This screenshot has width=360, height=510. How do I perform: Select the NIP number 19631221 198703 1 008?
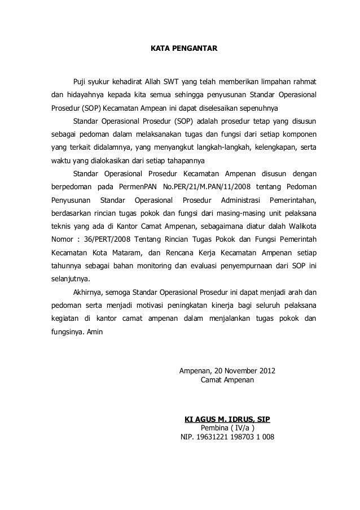[x=235, y=438]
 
